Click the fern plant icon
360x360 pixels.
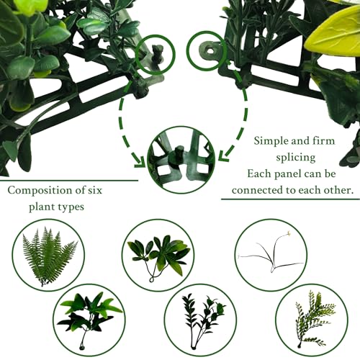tap(48, 257)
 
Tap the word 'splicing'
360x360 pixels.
tap(296, 158)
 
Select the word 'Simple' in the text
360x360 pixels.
tap(270, 141)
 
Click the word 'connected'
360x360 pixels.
tap(256, 190)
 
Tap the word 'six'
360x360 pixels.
tap(95, 190)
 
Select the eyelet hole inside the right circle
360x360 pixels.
tap(210, 50)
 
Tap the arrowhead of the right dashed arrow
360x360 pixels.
tap(224, 156)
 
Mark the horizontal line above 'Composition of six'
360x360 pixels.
tap(69, 181)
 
